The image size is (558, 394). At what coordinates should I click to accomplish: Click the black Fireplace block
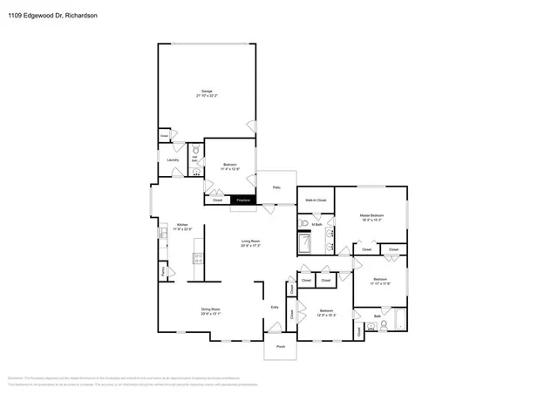[243, 200]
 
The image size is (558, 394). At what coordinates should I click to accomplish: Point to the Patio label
[276, 187]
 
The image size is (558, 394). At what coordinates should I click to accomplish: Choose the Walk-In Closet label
[315, 200]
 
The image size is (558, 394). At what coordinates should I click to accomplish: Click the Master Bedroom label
[371, 217]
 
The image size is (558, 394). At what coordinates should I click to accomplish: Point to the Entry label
[275, 307]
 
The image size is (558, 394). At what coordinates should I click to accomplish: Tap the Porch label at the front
[281, 347]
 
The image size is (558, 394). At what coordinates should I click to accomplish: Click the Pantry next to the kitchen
[164, 271]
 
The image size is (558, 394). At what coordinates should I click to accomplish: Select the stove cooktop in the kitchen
[198, 258]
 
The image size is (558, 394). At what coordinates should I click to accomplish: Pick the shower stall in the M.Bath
[304, 243]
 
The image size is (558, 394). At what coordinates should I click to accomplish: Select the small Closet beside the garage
[164, 136]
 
